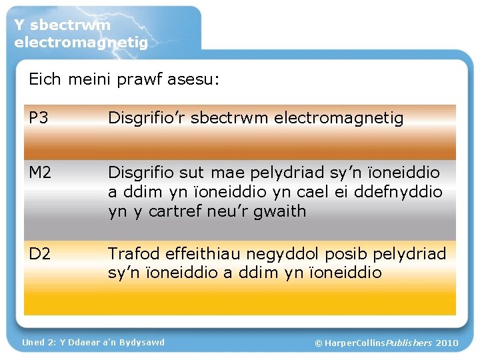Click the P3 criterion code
pyautogui.click(x=39, y=119)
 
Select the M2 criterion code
pyautogui.click(x=41, y=173)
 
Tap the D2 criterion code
pyautogui.click(x=39, y=254)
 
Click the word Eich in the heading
pyautogui.click(x=45, y=80)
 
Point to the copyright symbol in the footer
pyautogui.click(x=319, y=343)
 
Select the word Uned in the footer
pyautogui.click(x=33, y=342)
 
